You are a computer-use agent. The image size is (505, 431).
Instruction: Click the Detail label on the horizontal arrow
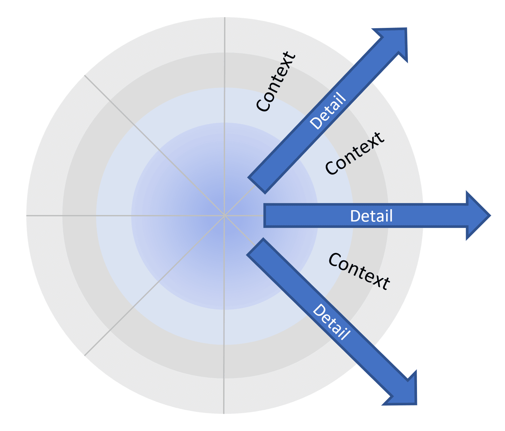pos(371,216)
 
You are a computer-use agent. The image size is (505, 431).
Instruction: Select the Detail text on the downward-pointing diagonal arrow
pos(331,322)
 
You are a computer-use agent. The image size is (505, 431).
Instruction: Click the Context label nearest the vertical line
pos(276,82)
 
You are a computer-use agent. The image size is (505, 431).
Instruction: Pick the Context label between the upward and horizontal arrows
pos(355,153)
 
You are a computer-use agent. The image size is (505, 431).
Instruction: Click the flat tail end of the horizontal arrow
pos(264,216)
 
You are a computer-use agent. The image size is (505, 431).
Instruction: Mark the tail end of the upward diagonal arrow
pos(257,186)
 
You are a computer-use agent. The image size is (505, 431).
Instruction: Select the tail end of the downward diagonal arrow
pos(255,246)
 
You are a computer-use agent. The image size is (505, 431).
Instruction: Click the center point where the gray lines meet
pos(224,216)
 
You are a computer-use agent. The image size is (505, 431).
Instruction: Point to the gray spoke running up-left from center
pos(154,145)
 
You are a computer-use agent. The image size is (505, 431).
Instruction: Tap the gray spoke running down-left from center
pos(154,286)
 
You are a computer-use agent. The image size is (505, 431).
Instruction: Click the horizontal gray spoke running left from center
pos(125,216)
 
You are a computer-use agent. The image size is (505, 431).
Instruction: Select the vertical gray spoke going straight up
pos(224,116)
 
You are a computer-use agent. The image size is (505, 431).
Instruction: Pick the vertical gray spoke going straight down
pos(224,315)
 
